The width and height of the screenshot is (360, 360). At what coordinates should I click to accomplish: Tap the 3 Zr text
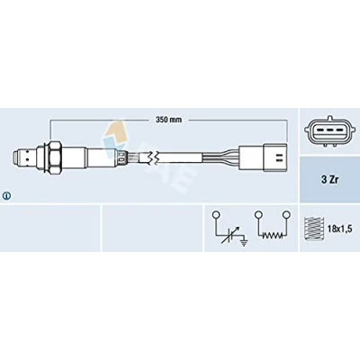(x=330, y=181)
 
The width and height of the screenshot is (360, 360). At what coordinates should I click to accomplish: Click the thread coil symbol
(x=311, y=229)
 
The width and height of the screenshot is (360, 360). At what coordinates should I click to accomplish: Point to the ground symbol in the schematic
(x=245, y=242)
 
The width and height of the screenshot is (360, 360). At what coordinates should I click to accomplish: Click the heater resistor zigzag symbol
(x=272, y=236)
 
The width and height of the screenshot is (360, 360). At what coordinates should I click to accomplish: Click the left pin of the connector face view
(x=321, y=130)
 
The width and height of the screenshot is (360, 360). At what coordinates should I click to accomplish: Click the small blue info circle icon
(x=6, y=196)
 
